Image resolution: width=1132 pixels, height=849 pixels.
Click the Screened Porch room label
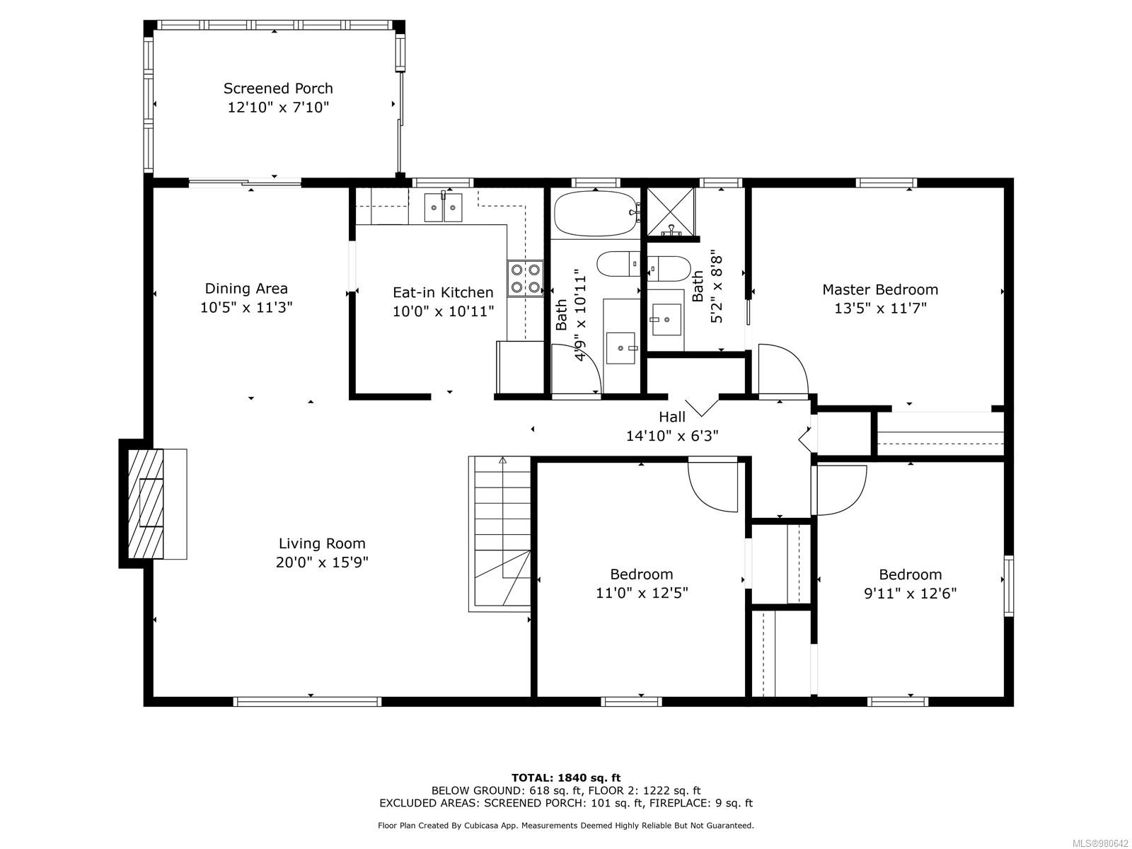click(x=278, y=88)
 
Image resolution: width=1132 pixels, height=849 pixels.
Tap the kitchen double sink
click(x=443, y=207)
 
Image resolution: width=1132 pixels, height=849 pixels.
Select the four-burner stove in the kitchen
click(x=525, y=278)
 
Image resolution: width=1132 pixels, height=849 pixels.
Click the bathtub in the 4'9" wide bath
click(x=596, y=214)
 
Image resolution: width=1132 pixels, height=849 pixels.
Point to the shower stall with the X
click(x=671, y=212)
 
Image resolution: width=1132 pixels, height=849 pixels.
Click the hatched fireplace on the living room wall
click(x=146, y=504)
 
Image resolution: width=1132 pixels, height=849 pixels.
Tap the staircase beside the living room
click(x=499, y=534)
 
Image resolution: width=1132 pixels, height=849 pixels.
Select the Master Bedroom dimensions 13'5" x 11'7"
click(x=880, y=308)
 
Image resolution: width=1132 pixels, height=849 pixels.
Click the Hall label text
click(x=672, y=417)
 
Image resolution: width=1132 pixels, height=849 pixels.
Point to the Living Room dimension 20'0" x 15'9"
click(x=322, y=562)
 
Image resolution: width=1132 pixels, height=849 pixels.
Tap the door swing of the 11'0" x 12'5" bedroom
click(x=713, y=487)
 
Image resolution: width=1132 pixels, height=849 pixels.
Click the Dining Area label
click(x=246, y=288)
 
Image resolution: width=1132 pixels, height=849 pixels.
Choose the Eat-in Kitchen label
click(x=443, y=292)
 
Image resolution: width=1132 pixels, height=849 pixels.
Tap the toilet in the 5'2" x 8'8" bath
click(x=669, y=269)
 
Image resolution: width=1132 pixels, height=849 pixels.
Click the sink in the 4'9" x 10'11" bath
click(x=620, y=348)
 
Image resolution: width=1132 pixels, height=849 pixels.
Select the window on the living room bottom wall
click(x=307, y=701)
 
